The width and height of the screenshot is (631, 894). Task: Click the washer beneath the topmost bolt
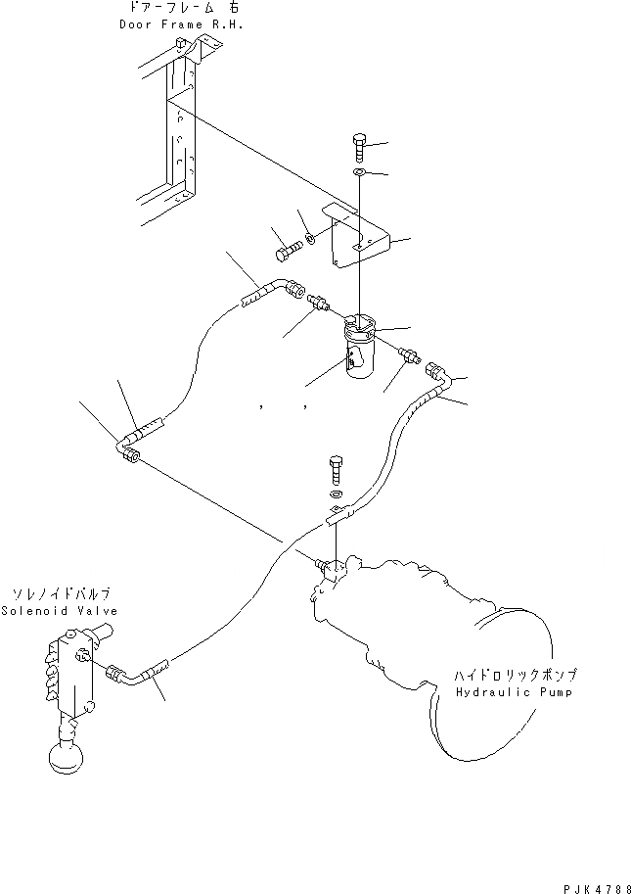358,174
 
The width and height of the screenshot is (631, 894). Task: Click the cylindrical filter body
358,354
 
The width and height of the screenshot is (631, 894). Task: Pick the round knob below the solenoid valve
66,761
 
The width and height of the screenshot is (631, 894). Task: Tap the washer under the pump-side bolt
336,497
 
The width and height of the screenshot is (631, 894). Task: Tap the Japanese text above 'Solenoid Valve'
61,593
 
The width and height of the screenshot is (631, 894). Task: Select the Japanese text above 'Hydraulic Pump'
516,675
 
